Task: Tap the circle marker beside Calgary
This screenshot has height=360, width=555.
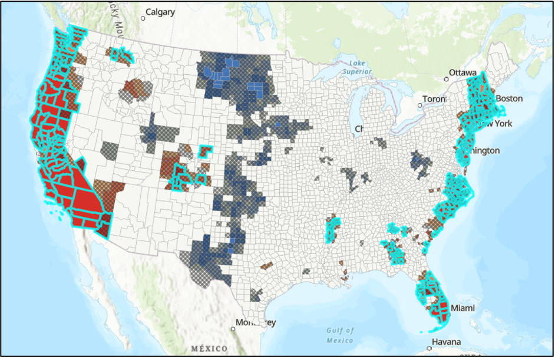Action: tap(143, 18)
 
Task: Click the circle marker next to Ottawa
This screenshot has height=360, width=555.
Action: tap(446, 78)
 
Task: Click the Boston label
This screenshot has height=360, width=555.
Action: tap(510, 98)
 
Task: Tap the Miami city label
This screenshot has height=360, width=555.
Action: tap(462, 308)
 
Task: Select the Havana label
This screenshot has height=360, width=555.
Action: tap(445, 342)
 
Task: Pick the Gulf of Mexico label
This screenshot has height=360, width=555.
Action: tap(340, 335)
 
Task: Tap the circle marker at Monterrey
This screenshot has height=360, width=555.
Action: tap(233, 329)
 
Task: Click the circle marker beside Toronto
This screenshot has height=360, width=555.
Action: tap(419, 105)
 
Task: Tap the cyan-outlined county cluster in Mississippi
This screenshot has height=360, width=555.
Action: tap(333, 229)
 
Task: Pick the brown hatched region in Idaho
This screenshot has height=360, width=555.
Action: tap(137, 88)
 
